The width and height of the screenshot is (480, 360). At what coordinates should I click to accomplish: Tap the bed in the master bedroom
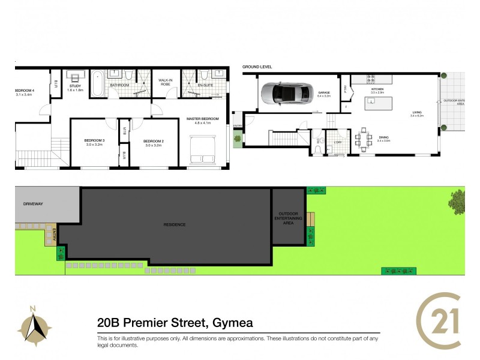(x=202, y=150)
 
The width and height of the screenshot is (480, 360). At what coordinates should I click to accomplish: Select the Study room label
(x=75, y=88)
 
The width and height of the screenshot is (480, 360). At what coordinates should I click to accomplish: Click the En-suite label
(x=205, y=85)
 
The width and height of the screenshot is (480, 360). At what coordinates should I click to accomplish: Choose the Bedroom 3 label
(x=95, y=142)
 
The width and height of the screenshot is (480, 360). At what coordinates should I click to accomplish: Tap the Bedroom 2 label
(x=154, y=142)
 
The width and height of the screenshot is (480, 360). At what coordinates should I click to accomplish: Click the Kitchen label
(x=377, y=89)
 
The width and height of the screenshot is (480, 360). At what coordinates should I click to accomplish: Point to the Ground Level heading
(x=257, y=66)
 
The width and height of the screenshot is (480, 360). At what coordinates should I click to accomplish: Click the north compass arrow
(x=34, y=328)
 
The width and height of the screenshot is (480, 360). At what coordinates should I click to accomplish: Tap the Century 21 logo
(x=439, y=322)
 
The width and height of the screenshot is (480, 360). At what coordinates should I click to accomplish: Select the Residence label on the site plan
(x=175, y=224)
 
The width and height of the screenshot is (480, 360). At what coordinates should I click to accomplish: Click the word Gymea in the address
(x=231, y=323)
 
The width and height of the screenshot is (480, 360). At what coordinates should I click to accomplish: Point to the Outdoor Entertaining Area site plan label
(x=289, y=218)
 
